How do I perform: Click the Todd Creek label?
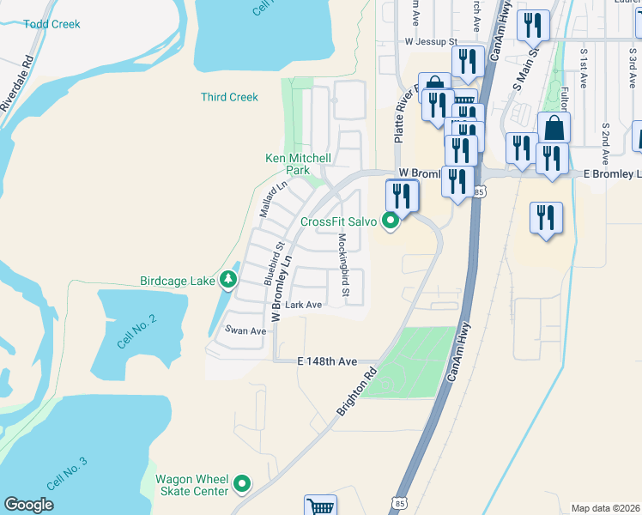click(52, 24)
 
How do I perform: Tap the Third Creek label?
click(229, 97)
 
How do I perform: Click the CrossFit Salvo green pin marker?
click(391, 221)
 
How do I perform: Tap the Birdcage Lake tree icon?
click(227, 279)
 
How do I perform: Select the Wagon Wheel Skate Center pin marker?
click(243, 485)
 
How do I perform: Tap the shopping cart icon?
click(320, 506)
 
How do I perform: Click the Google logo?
click(28, 505)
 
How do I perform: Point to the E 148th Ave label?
click(326, 362)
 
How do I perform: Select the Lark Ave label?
click(303, 305)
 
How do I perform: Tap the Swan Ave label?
click(245, 330)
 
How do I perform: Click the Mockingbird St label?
click(343, 266)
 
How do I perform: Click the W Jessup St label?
click(432, 40)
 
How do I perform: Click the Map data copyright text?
click(605, 508)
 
